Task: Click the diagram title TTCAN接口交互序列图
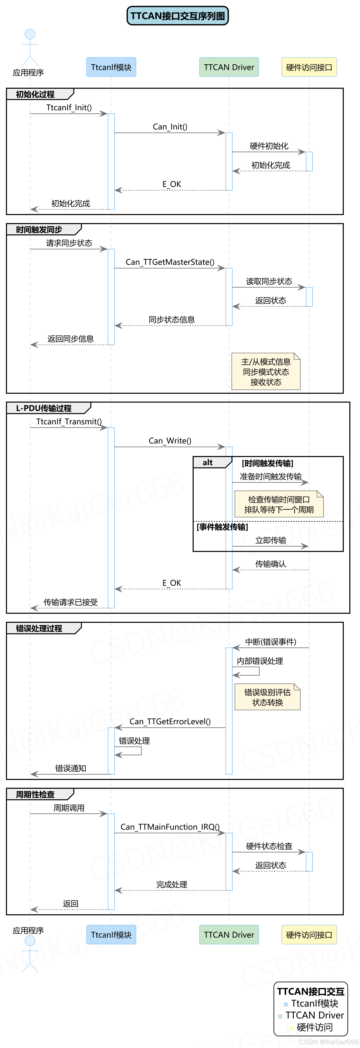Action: (x=178, y=16)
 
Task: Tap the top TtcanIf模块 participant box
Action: (x=111, y=67)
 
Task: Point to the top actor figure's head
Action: (x=30, y=34)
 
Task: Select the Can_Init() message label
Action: (x=170, y=127)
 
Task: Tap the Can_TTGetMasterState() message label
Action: (x=170, y=262)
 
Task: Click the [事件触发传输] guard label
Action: (x=222, y=527)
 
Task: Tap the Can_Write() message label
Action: (x=170, y=441)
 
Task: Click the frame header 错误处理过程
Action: (x=39, y=628)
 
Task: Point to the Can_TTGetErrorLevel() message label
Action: (x=170, y=721)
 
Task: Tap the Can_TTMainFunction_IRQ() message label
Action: (x=170, y=827)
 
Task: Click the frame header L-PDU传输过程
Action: (x=44, y=408)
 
